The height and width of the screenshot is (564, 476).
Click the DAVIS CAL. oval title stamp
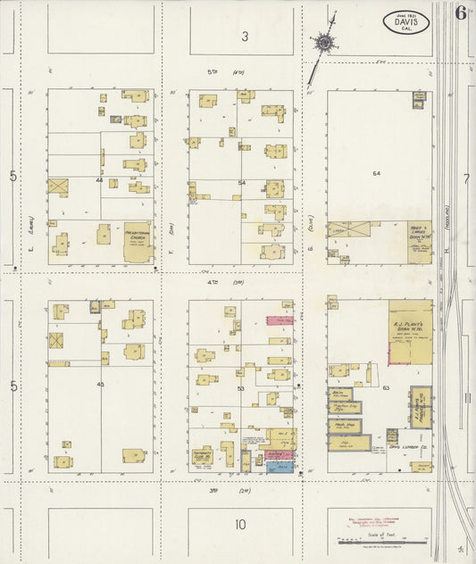click(406, 21)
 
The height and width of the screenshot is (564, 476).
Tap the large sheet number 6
click(461, 13)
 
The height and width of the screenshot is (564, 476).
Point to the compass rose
click(322, 41)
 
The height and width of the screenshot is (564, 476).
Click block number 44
click(100, 180)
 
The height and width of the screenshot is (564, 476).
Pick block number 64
click(377, 173)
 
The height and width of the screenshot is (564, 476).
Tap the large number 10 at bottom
click(240, 525)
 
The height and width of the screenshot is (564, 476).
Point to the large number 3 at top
click(244, 37)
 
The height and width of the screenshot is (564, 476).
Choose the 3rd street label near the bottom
click(214, 491)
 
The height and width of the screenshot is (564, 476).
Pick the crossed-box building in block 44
click(58, 187)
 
